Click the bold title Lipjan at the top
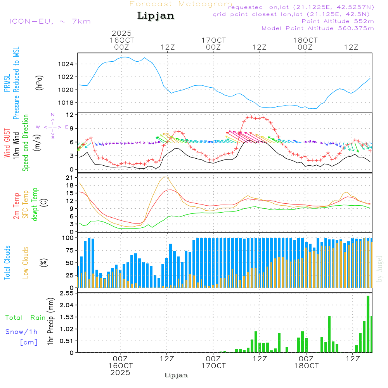tap(156, 16)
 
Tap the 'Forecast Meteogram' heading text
tap(180, 4)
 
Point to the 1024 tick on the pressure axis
tap(70, 64)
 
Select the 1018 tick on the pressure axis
tap(70, 102)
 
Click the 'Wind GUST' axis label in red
tap(7, 142)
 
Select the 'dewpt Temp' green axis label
tap(35, 204)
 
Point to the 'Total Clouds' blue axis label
tap(7, 263)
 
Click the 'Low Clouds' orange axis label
tap(26, 262)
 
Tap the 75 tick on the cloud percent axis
tap(71, 250)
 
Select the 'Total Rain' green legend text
tap(26, 318)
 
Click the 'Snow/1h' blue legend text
tap(21, 332)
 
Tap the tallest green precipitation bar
tap(368, 324)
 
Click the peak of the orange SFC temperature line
tap(166, 177)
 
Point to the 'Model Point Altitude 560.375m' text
tap(318, 28)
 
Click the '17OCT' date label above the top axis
tap(213, 40)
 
